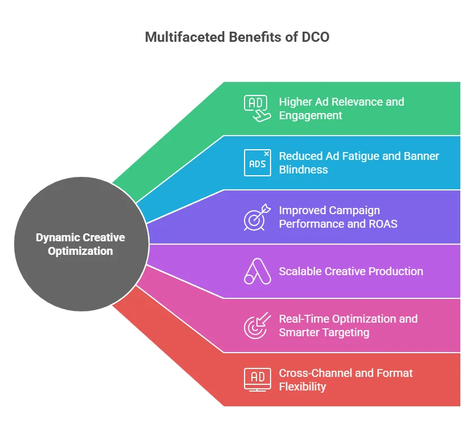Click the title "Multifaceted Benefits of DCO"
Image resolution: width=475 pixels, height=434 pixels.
click(x=237, y=37)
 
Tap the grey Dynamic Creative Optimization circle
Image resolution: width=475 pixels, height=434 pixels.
click(x=80, y=244)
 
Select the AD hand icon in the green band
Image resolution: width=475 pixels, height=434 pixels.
click(x=256, y=108)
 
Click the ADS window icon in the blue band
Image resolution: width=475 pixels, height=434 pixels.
click(x=257, y=163)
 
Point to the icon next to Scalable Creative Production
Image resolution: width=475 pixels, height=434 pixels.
click(x=256, y=271)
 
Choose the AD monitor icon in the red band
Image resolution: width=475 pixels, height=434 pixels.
click(x=256, y=379)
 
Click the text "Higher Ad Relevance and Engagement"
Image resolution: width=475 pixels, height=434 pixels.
click(x=341, y=108)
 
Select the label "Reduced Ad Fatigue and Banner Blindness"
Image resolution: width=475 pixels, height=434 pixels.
click(x=359, y=163)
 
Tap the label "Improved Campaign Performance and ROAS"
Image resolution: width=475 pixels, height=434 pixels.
click(x=338, y=217)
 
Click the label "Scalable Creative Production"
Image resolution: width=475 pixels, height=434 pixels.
click(x=351, y=271)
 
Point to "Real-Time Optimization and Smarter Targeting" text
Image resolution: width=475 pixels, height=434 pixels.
click(x=348, y=325)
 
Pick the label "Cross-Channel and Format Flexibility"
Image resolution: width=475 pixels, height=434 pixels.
click(x=346, y=380)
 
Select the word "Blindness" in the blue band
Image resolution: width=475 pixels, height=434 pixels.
click(x=303, y=170)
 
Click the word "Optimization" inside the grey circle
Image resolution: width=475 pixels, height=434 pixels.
click(x=80, y=251)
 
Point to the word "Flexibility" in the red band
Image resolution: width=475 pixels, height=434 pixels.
click(x=302, y=387)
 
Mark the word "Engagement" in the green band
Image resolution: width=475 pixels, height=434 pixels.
click(x=311, y=115)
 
